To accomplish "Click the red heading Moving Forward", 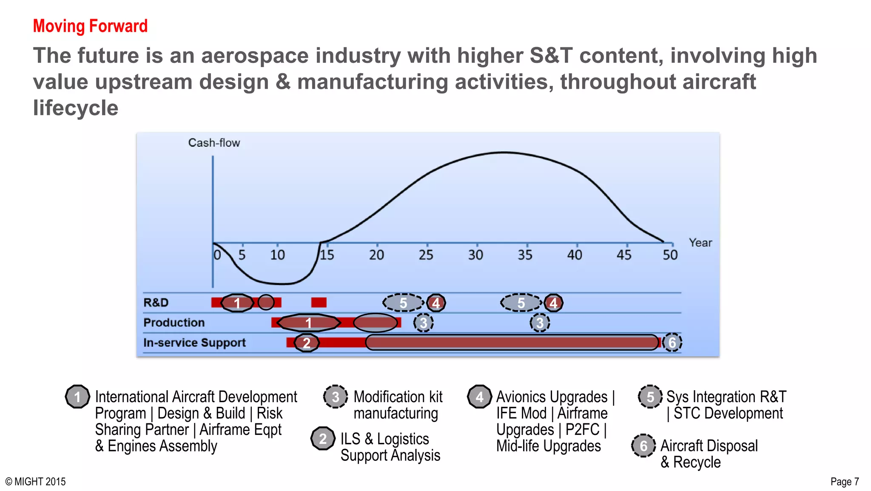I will tap(90, 26).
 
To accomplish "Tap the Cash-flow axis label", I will tap(214, 143).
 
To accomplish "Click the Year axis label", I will tap(700, 243).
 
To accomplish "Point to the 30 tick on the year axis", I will tap(476, 255).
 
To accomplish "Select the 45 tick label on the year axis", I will tap(624, 255).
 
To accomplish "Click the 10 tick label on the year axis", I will tap(277, 255).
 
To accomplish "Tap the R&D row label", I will tap(156, 303).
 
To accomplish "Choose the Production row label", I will tap(174, 323).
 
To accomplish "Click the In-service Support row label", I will tap(194, 343).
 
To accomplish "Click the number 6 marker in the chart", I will tap(672, 343).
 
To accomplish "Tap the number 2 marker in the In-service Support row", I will tap(306, 343).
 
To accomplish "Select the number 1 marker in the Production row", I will tap(309, 323).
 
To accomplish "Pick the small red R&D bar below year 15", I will tap(319, 303).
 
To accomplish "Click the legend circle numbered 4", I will tap(479, 397).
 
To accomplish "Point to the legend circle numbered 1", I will tap(77, 397).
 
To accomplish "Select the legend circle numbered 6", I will tap(643, 446).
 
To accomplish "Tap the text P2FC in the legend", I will tap(582, 430).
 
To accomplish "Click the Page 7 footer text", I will tap(844, 482).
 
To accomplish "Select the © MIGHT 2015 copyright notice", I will tap(36, 482).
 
